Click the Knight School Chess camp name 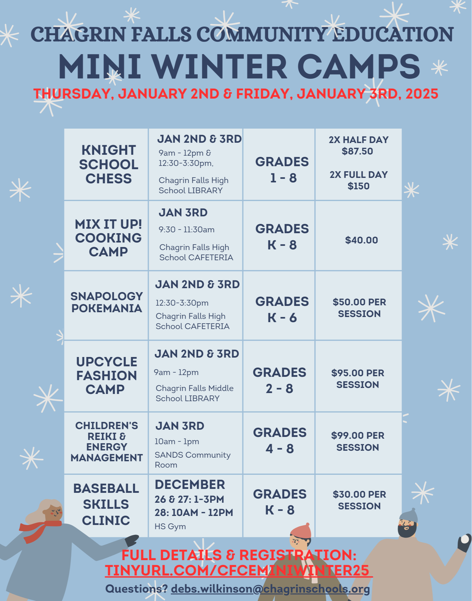coord(108,164)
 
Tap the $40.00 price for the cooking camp coord(361,240)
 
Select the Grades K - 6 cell coord(282,310)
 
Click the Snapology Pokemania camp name coord(107,302)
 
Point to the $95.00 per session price coord(358,379)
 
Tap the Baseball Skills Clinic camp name coord(106,504)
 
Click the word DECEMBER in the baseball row coord(190,484)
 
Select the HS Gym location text coord(170,526)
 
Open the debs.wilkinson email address coord(270,589)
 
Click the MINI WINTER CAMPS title coord(239,66)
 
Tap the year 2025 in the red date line coord(422,94)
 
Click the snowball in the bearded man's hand coord(465,539)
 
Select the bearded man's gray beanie coord(409,516)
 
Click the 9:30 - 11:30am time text coord(187,230)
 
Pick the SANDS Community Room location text coord(193,460)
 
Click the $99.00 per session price coord(358,441)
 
